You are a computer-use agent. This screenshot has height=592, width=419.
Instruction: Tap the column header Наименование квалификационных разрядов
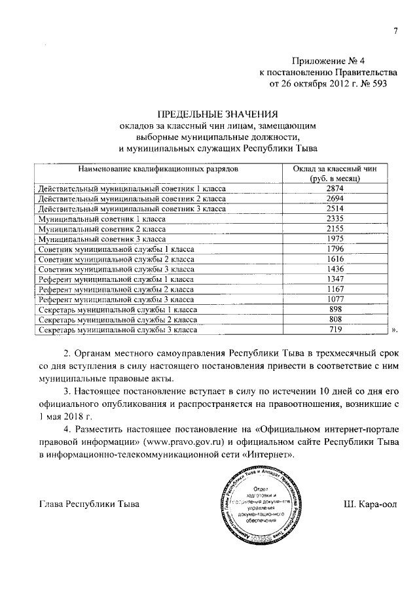click(x=155, y=169)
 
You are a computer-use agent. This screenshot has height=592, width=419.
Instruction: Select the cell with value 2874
click(x=335, y=188)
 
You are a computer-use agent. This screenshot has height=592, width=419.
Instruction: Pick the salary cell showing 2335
click(x=335, y=218)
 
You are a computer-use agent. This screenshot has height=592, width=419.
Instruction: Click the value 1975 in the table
click(x=335, y=239)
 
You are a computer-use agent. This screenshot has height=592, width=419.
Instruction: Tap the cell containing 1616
click(x=335, y=259)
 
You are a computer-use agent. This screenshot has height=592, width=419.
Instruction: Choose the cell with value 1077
click(x=335, y=300)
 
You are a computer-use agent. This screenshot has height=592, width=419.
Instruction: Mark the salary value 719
click(x=335, y=330)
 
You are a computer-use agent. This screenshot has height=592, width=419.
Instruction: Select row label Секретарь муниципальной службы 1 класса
click(x=122, y=310)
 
